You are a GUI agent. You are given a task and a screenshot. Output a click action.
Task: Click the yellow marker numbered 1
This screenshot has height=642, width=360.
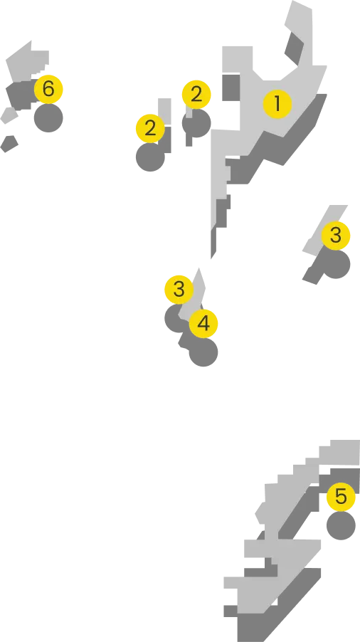(277, 104)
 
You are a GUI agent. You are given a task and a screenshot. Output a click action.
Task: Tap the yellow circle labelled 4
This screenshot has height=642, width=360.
(203, 323)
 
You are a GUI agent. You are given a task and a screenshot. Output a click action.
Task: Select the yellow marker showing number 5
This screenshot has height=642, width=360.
(340, 497)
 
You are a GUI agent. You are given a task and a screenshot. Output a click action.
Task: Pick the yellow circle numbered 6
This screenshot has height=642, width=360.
(48, 89)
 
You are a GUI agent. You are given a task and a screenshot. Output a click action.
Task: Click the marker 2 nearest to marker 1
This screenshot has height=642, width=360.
(196, 94)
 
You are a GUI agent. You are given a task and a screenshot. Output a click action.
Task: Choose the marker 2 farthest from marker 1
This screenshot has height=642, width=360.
(149, 128)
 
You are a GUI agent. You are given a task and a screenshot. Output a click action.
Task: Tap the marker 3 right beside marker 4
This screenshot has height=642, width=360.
(179, 289)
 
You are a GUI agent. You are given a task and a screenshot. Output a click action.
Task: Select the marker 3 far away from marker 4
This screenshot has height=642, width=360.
(336, 235)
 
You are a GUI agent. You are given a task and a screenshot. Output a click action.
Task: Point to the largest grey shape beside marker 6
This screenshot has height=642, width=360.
(27, 62)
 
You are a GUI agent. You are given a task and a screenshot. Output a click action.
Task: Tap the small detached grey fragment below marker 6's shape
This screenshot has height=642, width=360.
(8, 116)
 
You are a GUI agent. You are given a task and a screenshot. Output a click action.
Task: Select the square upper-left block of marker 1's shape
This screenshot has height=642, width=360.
(239, 60)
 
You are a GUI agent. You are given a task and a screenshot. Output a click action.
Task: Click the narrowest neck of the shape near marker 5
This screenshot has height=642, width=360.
(270, 531)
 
